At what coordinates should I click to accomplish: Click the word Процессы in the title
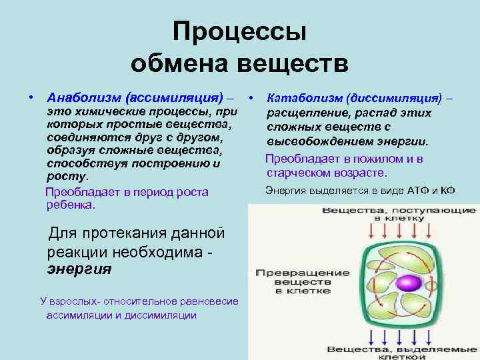pos(239,33)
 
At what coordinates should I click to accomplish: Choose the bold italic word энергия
pos(79,270)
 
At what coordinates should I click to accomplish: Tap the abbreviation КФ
pos(448,191)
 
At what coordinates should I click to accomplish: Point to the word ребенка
pos(71,205)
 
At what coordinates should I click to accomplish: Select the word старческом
pos(300,173)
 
